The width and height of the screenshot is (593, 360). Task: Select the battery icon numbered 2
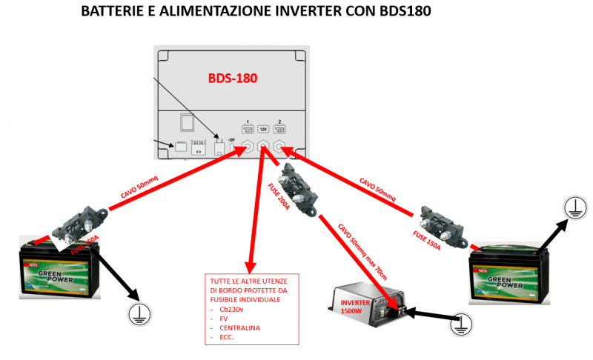[x=279, y=127]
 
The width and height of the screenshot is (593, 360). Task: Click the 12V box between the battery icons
[x=262, y=127]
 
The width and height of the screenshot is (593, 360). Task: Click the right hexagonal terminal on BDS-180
[x=280, y=147]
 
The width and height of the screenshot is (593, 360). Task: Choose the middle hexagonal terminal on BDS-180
[x=263, y=147]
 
